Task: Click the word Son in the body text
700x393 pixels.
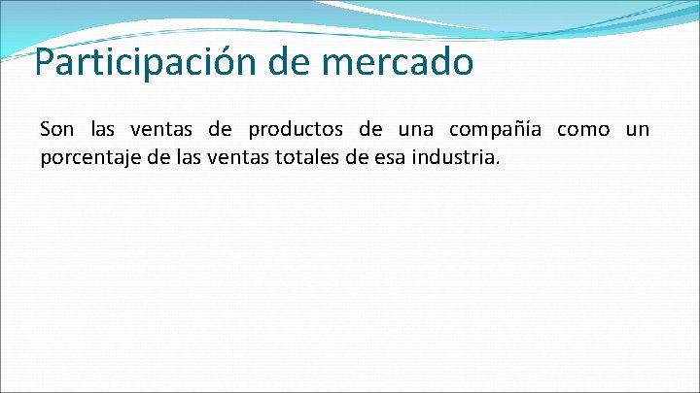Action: pos(55,129)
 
